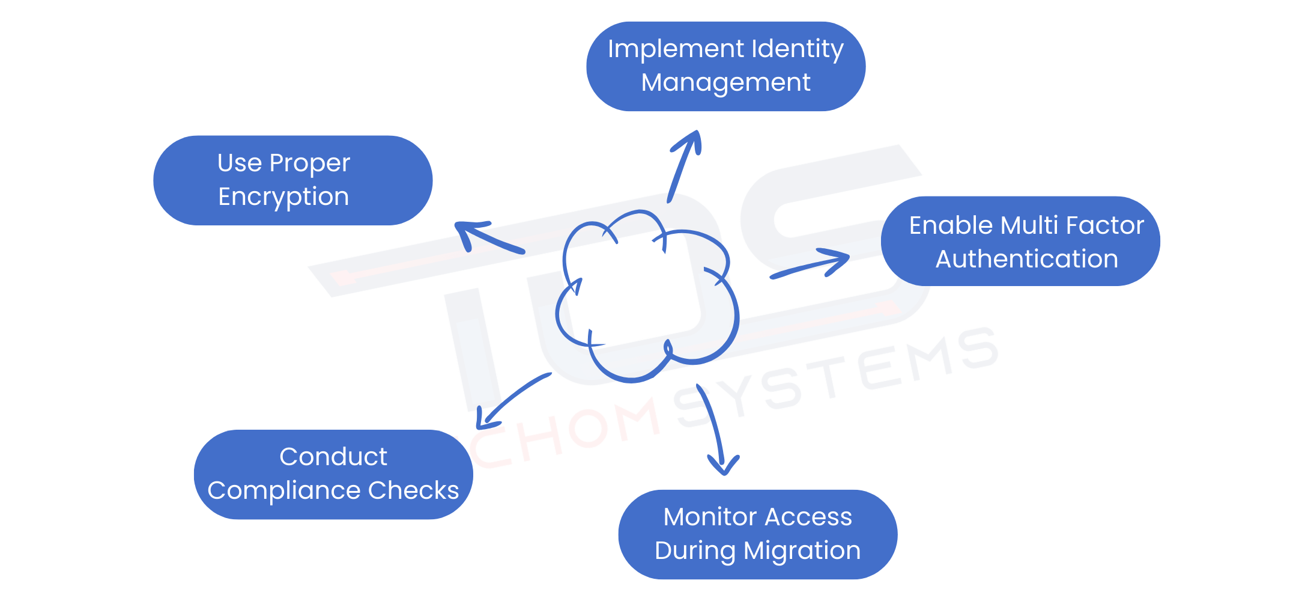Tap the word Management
725,83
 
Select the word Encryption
283,197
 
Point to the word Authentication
1026,260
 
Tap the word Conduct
333,457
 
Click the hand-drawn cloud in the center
646,297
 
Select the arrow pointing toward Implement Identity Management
683,165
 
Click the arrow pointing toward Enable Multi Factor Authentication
811,265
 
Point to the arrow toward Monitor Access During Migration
714,430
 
